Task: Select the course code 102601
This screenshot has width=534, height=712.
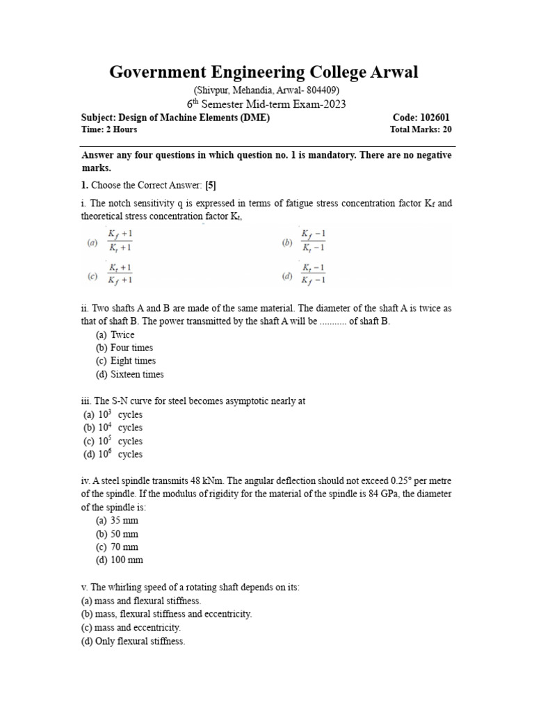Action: tap(434, 118)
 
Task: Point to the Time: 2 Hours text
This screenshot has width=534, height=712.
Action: tap(109, 129)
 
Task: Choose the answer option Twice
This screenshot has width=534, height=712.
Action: tap(122, 334)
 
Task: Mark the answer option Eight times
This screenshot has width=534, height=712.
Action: tap(133, 361)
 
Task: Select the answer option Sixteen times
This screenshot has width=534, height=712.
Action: tap(137, 374)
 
